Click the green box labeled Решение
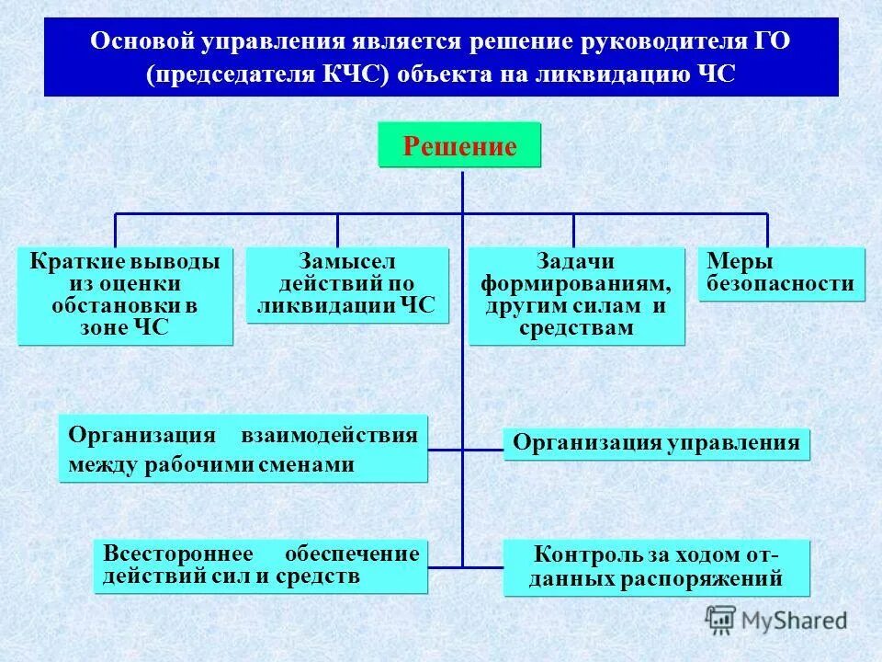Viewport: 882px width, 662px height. click(x=459, y=145)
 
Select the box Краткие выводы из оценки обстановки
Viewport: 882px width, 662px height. click(x=125, y=296)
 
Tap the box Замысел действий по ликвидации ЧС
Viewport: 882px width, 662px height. click(x=347, y=284)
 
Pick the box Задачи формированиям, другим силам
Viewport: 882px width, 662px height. click(x=576, y=295)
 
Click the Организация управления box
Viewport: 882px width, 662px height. click(x=656, y=444)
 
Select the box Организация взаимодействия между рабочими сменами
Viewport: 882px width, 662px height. click(x=243, y=449)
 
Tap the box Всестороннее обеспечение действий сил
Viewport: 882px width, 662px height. click(x=261, y=565)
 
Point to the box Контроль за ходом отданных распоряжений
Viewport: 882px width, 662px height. click(x=656, y=567)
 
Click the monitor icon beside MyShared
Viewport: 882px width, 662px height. click(x=719, y=618)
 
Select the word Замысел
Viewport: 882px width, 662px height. click(x=348, y=262)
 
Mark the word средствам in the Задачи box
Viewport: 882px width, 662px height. click(x=576, y=328)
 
